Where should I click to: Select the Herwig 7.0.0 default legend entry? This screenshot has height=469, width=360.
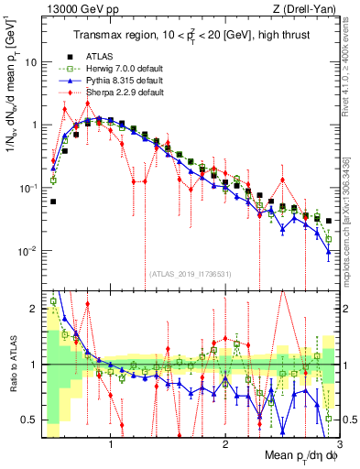(120, 69)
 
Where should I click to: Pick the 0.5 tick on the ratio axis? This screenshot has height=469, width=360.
(28, 420)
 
